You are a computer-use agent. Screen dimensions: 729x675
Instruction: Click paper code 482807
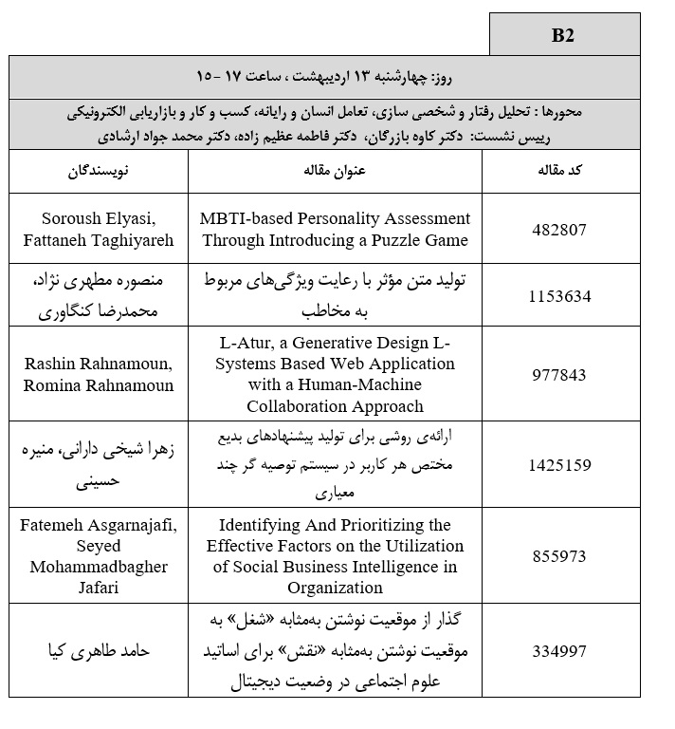(x=560, y=229)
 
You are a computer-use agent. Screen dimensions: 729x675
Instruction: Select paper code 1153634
(x=560, y=296)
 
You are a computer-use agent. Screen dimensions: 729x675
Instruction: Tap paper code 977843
(x=560, y=374)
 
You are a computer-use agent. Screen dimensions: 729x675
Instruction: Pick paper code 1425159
(x=560, y=465)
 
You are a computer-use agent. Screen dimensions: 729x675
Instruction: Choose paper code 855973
(x=560, y=556)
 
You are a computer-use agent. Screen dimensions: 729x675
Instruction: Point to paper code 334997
(x=560, y=651)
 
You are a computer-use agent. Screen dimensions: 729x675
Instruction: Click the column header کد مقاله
(x=559, y=172)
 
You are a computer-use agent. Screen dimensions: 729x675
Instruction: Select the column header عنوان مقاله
(x=336, y=172)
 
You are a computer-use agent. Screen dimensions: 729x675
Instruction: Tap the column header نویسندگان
(x=99, y=172)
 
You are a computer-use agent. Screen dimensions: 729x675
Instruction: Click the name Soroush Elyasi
(x=99, y=218)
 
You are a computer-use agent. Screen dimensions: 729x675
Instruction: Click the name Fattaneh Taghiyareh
(x=99, y=240)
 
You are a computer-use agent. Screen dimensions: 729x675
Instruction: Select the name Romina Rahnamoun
(x=99, y=384)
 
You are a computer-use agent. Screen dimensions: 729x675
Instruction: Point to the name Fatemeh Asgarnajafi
(x=99, y=525)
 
